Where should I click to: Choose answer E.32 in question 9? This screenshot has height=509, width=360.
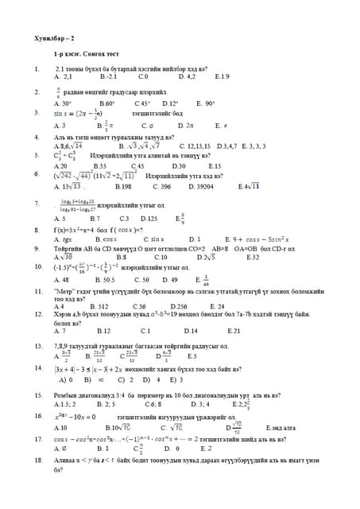click(x=253, y=257)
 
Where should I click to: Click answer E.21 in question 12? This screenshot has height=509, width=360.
click(x=234, y=331)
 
